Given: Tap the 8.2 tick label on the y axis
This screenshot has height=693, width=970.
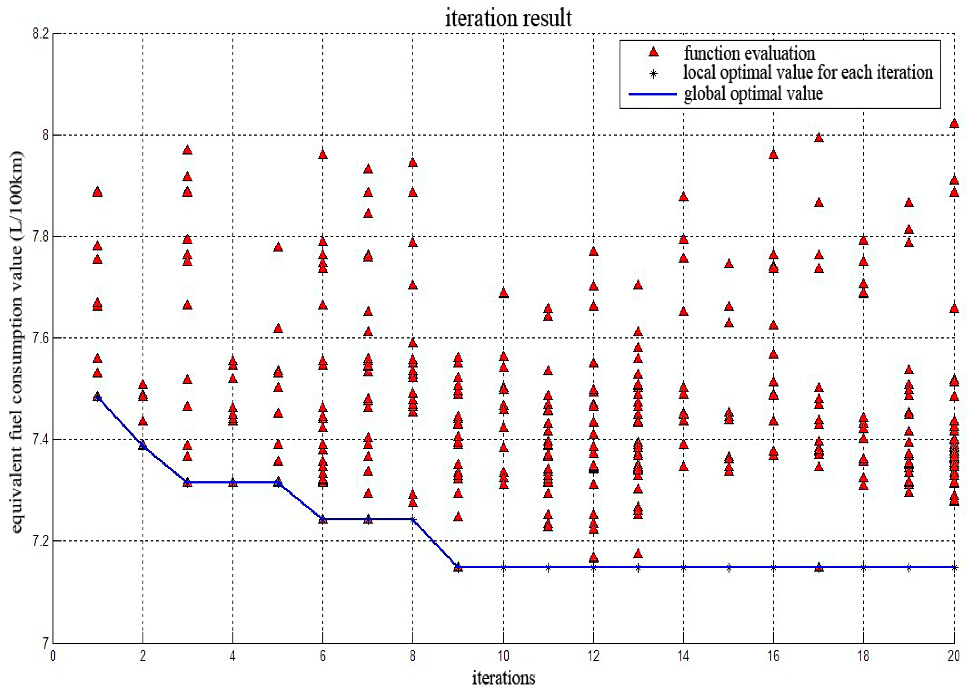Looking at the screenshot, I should pyautogui.click(x=41, y=34).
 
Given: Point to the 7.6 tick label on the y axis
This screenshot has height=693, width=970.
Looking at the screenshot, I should pyautogui.click(x=41, y=338).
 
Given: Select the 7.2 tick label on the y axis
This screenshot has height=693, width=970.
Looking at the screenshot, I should pyautogui.click(x=41, y=541).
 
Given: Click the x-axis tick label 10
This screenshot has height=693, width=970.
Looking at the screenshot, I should pyautogui.click(x=503, y=656).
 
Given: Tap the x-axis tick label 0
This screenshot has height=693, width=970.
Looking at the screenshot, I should pyautogui.click(x=53, y=656).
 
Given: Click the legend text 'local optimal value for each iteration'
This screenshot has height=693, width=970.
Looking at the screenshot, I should pyautogui.click(x=808, y=73).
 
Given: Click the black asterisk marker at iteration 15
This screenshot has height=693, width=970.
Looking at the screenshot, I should pyautogui.click(x=729, y=567).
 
